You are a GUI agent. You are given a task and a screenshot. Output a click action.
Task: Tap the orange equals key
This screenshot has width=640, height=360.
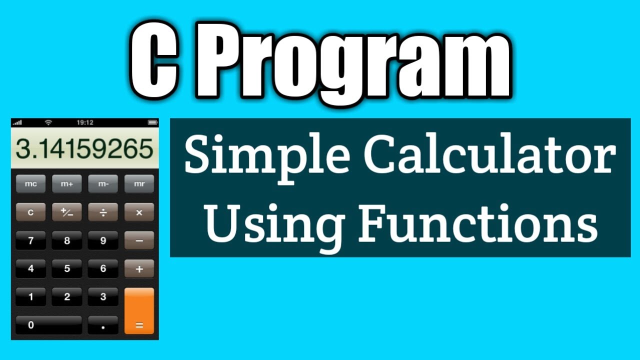[139, 311]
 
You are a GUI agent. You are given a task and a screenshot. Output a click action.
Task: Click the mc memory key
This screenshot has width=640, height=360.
[30, 184]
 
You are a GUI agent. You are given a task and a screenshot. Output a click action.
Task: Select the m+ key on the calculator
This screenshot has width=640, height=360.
[67, 184]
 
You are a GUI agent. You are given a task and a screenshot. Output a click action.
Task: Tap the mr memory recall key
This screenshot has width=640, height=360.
[139, 184]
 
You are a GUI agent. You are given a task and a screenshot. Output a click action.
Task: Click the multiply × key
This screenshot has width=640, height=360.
[139, 212]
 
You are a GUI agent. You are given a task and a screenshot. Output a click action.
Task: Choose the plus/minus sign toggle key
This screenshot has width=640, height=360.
[67, 212]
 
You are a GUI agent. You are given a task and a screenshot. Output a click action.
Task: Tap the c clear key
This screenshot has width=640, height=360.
[30, 212]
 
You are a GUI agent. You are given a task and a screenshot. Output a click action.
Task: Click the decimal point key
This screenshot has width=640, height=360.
[103, 325]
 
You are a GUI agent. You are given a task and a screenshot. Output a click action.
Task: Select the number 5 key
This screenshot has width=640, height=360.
[67, 268]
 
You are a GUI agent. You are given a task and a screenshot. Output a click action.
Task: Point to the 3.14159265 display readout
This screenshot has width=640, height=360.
[84, 149]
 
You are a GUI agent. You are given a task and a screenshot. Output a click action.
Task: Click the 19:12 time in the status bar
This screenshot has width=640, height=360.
[84, 122]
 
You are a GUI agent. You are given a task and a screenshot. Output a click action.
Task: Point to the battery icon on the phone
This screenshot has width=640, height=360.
[152, 122]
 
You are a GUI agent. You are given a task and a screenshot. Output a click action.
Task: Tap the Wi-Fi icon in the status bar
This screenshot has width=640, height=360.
[48, 122]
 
